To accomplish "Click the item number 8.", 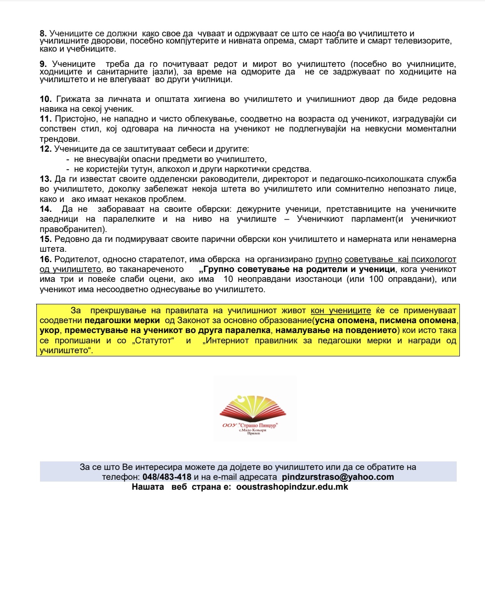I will pyautogui.click(x=43, y=34).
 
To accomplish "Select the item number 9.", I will pyautogui.click(x=43, y=64).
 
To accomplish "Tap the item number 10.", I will pyautogui.click(x=45, y=99).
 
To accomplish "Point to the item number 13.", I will pyautogui.click(x=45, y=179).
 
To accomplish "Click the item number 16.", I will pyautogui.click(x=45, y=259).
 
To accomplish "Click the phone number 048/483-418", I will pyautogui.click(x=167, y=477).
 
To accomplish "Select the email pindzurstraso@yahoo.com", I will pyautogui.click(x=338, y=477).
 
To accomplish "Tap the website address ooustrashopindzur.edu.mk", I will pyautogui.click(x=292, y=487).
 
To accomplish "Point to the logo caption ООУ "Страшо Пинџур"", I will pyautogui.click(x=250, y=425).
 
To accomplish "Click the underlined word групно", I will pyautogui.click(x=329, y=259).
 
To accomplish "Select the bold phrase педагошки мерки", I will pyautogui.click(x=122, y=320).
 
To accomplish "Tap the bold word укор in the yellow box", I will pyautogui.click(x=49, y=330).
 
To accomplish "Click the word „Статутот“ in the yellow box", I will pyautogui.click(x=152, y=341).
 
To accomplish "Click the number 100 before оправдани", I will pyautogui.click(x=376, y=279).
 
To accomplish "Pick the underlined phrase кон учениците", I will pyautogui.click(x=341, y=311).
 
